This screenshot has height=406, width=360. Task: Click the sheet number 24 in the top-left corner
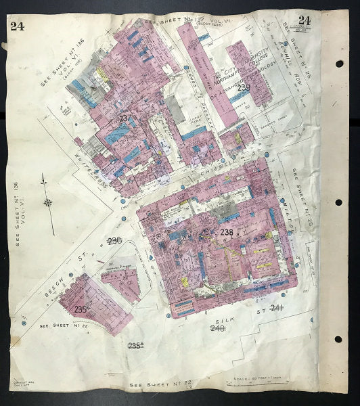[17, 26]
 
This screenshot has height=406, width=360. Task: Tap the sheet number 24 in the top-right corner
[305, 20]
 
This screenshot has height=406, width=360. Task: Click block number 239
[244, 87]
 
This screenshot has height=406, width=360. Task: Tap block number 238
[226, 232]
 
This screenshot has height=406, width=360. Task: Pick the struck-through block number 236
[114, 241]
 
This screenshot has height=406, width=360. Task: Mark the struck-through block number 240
[217, 328]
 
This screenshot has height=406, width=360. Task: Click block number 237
[123, 118]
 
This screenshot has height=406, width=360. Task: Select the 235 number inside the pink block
[82, 309]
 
